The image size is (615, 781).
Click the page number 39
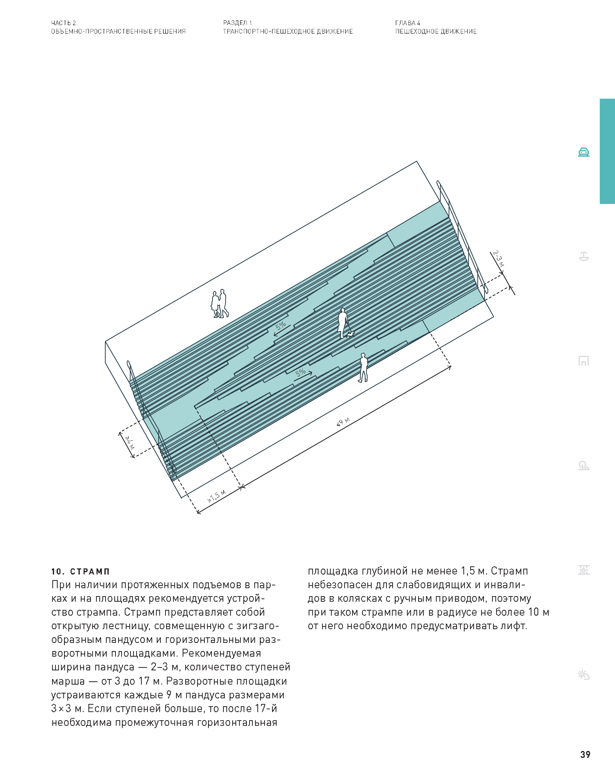point(585,754)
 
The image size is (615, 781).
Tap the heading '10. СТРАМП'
point(80,572)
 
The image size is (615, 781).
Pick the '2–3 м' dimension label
point(499,258)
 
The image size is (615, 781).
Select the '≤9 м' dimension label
point(343,422)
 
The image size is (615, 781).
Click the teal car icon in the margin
point(584,152)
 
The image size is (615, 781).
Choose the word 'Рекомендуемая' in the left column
point(222,653)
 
